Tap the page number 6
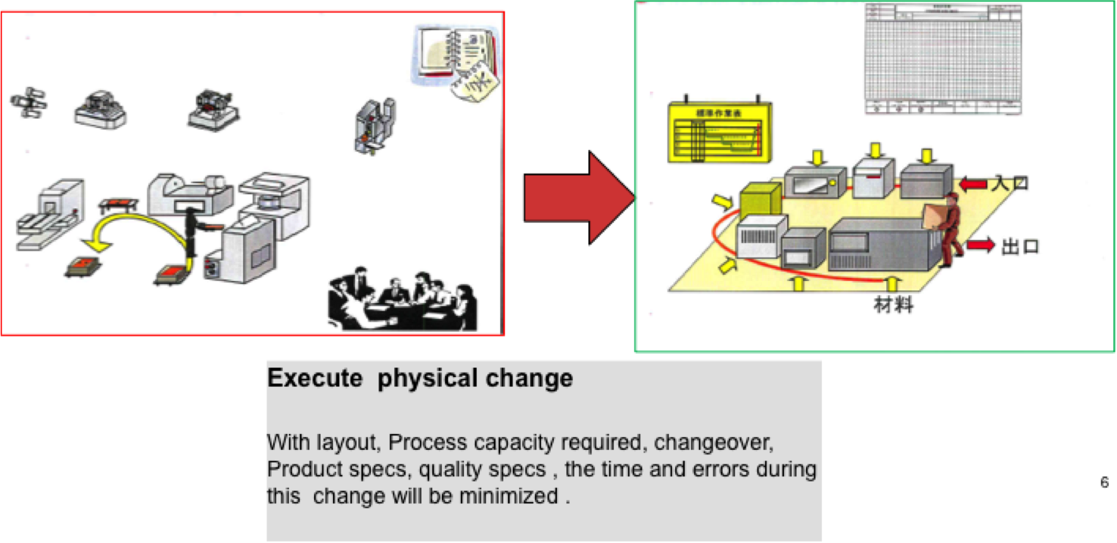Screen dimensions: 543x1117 1104,482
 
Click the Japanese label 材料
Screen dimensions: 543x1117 894,306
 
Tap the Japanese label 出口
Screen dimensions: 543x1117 1019,247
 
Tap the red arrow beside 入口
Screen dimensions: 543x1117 973,184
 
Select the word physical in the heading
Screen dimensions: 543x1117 416,379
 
